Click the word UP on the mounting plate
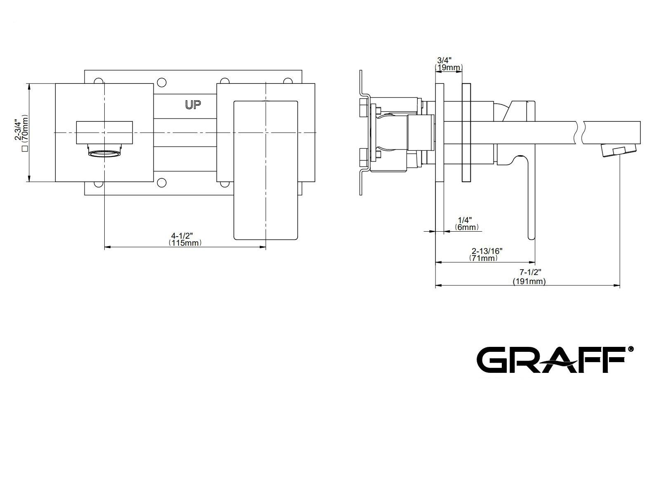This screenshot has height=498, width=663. pos(193,105)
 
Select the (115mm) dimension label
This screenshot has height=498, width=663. pos(185,243)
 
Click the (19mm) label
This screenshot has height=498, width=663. pos(449,67)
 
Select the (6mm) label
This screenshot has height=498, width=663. pos(467,227)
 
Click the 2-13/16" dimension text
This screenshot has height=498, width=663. pos(487,251)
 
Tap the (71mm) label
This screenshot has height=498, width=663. pos(484,258)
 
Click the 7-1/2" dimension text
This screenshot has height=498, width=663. pos(530,273)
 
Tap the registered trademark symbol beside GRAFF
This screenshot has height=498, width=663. pos(631,349)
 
